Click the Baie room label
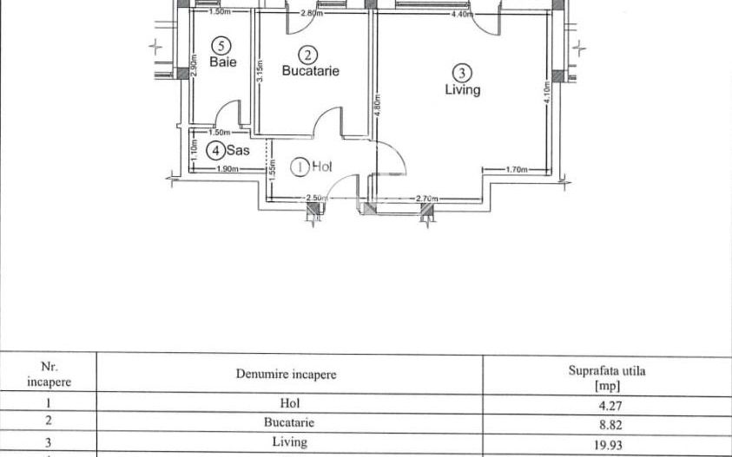coord(223,62)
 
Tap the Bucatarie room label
coord(310,71)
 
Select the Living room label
coord(462,89)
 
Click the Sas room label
coord(239,150)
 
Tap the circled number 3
coord(463,73)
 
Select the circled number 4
coord(214,150)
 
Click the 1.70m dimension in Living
coord(517,170)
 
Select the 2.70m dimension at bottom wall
coord(427,199)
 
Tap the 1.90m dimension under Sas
coord(228,169)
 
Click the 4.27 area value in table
coord(606,403)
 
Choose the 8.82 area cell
coord(606,425)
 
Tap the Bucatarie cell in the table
coord(289,423)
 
